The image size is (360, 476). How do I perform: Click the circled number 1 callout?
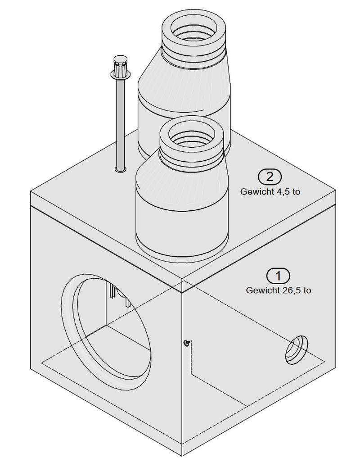[278, 275]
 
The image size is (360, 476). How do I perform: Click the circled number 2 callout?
[270, 176]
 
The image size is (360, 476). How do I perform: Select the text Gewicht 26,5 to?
[278, 290]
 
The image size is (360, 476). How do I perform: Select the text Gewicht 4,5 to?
[270, 191]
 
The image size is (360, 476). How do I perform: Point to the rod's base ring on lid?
[120, 170]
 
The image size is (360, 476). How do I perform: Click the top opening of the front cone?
[192, 135]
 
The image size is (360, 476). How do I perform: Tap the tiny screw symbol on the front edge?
[186, 344]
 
